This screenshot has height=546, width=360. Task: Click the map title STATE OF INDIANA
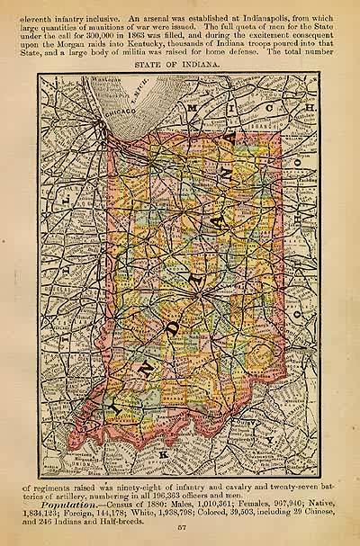point(179,65)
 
